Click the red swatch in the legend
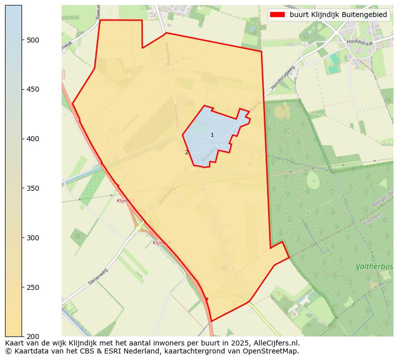tap(277, 15)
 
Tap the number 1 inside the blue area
tap(212, 135)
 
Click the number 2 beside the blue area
tap(186, 152)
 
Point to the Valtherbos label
tap(374, 267)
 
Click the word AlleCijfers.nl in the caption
tap(276, 343)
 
